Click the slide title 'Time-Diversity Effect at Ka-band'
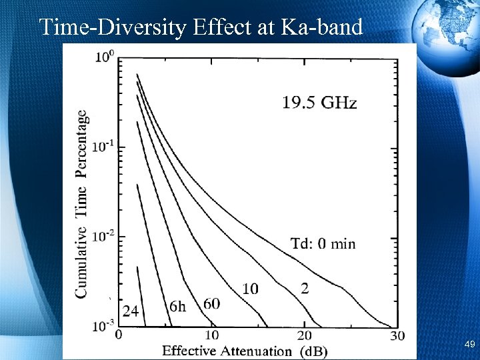pyautogui.click(x=201, y=27)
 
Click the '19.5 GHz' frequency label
pyautogui.click(x=319, y=103)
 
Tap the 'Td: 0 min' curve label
pyautogui.click(x=323, y=243)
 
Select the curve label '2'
pyautogui.click(x=305, y=288)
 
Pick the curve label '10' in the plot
pyautogui.click(x=250, y=288)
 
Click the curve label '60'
pyautogui.click(x=211, y=304)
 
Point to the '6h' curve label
pyautogui.click(x=178, y=306)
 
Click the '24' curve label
pyautogui.click(x=131, y=311)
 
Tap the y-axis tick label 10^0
pyautogui.click(x=105, y=57)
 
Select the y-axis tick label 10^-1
pyautogui.click(x=104, y=147)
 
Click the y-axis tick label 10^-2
pyautogui.click(x=104, y=236)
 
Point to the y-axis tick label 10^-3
pyautogui.click(x=104, y=325)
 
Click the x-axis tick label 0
pyautogui.click(x=119, y=335)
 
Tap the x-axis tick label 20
pyautogui.click(x=304, y=335)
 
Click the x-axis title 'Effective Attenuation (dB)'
pyautogui.click(x=245, y=350)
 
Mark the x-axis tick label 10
pyautogui.click(x=211, y=335)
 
